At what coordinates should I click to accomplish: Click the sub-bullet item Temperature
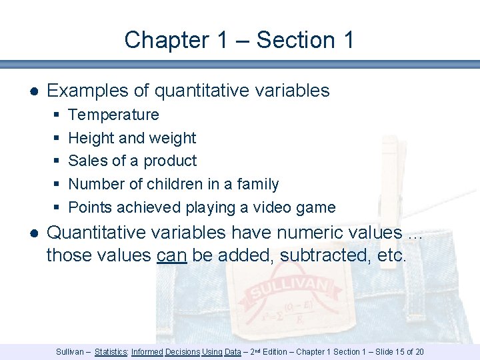pos(113,115)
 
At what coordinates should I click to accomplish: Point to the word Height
pos(91,138)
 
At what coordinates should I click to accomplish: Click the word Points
pos(91,207)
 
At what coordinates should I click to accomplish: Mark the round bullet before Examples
pos(33,91)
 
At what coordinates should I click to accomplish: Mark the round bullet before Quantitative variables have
pos(33,233)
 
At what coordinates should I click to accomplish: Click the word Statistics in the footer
pos(111,351)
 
